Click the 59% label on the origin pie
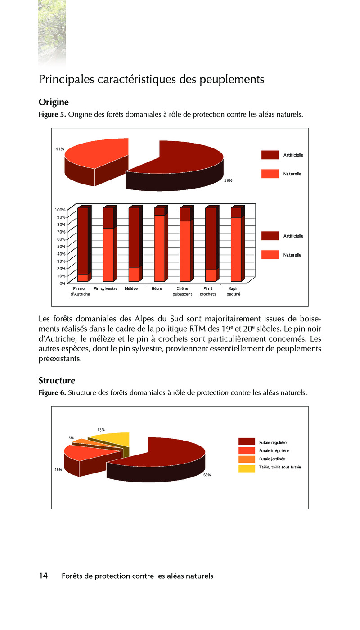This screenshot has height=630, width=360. [228, 180]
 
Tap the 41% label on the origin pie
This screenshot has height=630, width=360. [60, 148]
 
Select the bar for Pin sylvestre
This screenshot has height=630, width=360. [108, 245]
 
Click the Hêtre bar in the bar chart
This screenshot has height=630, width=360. [159, 245]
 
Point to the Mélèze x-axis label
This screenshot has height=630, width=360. [131, 288]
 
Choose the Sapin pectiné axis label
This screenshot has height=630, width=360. [234, 291]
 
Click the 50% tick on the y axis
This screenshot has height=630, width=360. [60, 246]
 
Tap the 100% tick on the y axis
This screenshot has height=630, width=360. [60, 210]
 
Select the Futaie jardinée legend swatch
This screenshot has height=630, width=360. [247, 459]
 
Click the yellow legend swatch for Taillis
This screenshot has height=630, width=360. [247, 468]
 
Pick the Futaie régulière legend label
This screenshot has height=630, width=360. [273, 442]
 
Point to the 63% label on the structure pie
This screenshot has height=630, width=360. [207, 475]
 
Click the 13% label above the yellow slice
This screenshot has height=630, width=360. [101, 430]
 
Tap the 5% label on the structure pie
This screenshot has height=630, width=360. [71, 437]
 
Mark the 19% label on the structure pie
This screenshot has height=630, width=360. [58, 470]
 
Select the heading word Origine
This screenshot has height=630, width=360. [54, 102]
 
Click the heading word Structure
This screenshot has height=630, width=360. [57, 381]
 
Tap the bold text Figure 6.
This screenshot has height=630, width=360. [52, 393]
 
